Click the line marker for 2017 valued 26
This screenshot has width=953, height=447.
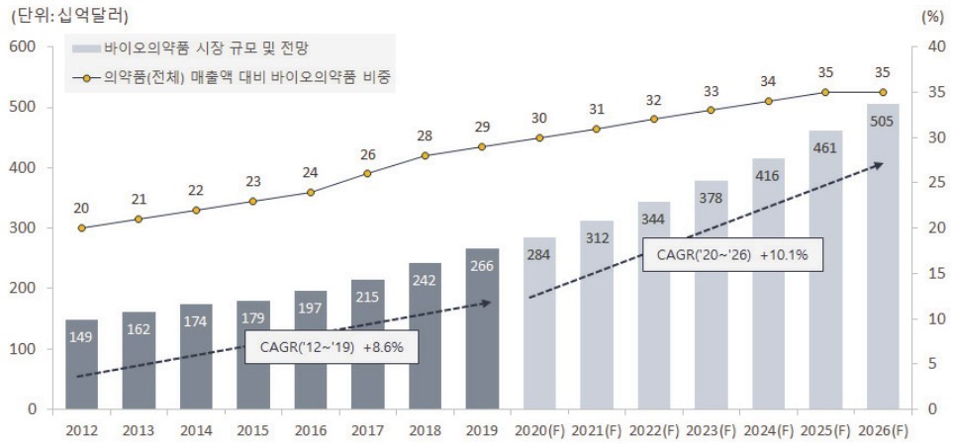(367, 173)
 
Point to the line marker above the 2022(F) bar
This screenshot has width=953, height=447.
(653, 119)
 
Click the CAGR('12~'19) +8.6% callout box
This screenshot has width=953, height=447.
(332, 348)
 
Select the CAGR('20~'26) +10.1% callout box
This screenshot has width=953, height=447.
(732, 255)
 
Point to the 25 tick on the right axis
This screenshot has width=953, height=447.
(927, 183)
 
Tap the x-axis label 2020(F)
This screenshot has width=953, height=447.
(539, 430)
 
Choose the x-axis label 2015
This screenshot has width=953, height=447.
(253, 430)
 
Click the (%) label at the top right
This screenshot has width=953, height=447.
(932, 16)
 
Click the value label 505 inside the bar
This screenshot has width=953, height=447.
(883, 121)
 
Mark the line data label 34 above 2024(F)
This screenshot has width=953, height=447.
(768, 81)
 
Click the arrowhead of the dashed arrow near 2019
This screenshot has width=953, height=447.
(487, 303)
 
